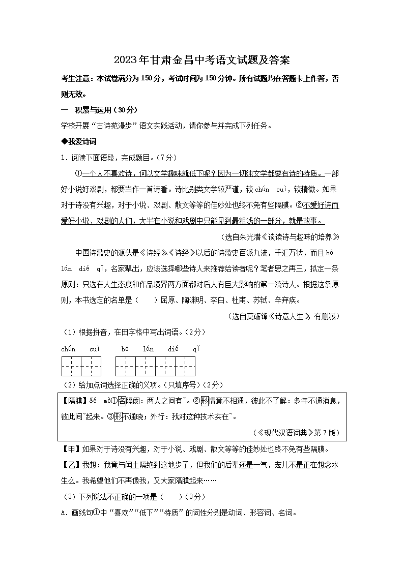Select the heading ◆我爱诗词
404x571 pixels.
[x=78, y=141]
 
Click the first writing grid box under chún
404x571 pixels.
[x=71, y=366]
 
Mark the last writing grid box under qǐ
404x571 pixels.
[x=185, y=366]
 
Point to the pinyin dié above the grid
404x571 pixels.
[x=173, y=349]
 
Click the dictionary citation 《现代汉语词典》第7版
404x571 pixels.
[x=296, y=433]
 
